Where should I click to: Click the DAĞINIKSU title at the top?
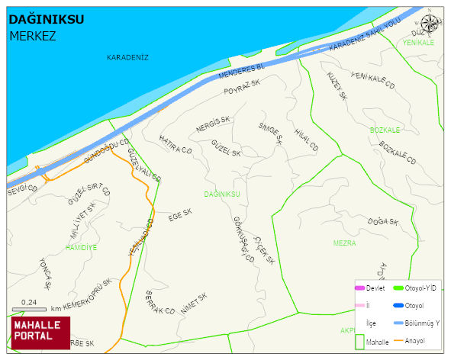pyautogui.click(x=47, y=20)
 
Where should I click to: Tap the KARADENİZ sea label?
pyautogui.click(x=127, y=57)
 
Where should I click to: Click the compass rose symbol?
pyautogui.click(x=430, y=24)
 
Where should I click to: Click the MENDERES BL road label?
pyautogui.click(x=240, y=73)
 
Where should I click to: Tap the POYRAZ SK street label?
pyautogui.click(x=243, y=90)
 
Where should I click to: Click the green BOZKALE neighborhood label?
pyautogui.click(x=385, y=130)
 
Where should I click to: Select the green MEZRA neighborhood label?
pyautogui.click(x=344, y=243)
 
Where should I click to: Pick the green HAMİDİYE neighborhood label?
pyautogui.click(x=81, y=248)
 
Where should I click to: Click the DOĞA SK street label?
pyautogui.click(x=383, y=222)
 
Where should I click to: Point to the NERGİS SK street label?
pyautogui.click(x=213, y=124)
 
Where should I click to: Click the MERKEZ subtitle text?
pyautogui.click(x=33, y=36)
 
